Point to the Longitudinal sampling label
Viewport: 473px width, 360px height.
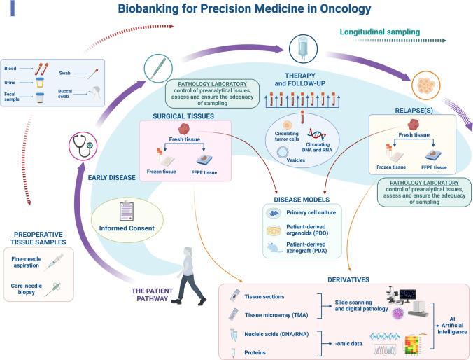coord(379,32)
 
